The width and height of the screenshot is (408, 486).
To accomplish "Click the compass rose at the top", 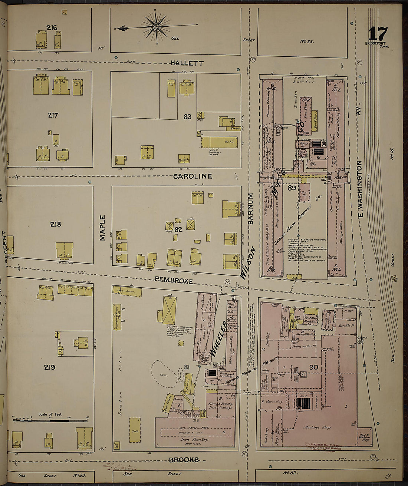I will point(156,27).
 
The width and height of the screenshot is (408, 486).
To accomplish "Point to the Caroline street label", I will point(193,176).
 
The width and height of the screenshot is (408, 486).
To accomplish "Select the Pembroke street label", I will point(174,281).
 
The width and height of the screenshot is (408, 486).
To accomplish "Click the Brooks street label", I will point(184,460).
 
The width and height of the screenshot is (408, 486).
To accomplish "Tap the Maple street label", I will point(103,228).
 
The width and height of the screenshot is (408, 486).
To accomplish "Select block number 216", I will point(52,27).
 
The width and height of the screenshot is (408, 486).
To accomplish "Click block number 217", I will point(53,115).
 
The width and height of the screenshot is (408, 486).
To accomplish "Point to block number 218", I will point(55,224).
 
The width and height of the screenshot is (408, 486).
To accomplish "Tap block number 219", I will point(50,367).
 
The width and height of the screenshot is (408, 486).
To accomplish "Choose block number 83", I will point(187,117).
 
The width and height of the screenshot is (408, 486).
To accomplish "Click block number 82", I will point(178,229).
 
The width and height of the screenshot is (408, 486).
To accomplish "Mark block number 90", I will point(313,367).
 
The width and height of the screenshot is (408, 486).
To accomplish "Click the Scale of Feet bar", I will point(50,420).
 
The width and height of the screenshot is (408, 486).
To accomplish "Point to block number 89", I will point(292,188).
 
